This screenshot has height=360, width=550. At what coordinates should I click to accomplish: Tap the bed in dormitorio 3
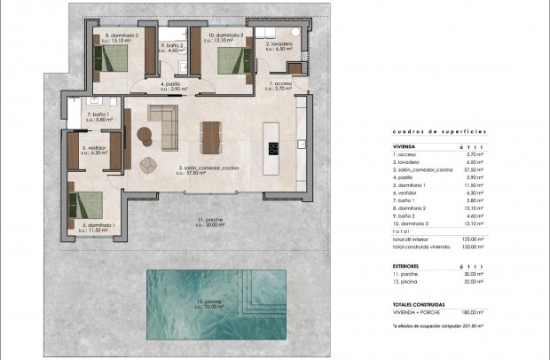(x=229, y=62)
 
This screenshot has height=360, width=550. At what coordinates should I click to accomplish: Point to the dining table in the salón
(x=210, y=136)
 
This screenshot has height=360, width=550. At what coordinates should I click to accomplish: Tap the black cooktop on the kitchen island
(x=273, y=148)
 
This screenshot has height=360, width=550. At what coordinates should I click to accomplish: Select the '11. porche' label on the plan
(x=209, y=221)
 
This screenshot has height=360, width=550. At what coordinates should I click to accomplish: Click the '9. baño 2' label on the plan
(x=171, y=46)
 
